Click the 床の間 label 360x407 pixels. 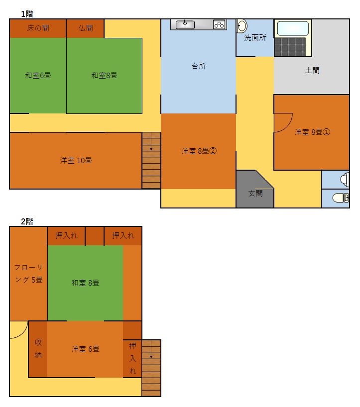point(38,28)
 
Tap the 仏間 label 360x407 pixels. point(86,28)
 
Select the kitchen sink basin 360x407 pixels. point(185,24)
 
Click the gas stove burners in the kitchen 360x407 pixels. point(219,25)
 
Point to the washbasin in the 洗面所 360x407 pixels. point(242,26)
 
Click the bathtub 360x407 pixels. point(293,28)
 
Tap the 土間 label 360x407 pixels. point(312,70)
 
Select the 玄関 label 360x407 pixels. point(255,193)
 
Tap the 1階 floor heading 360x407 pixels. point(27,14)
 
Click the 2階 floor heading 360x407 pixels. point(27,221)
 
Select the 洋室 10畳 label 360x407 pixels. point(76,160)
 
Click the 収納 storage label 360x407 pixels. point(38,349)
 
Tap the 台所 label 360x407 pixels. point(199,66)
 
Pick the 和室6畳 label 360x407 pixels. point(38,75)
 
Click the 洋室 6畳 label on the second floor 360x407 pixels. point(86,349)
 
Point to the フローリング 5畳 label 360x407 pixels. point(28,273)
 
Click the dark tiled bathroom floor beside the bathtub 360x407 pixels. point(290,47)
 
